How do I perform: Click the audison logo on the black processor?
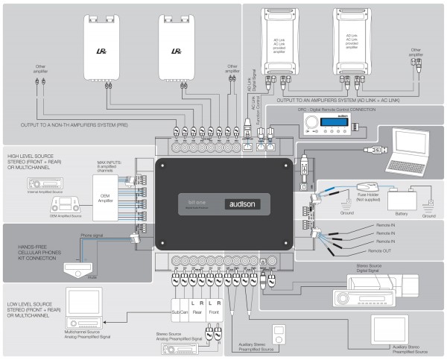click(246, 203)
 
